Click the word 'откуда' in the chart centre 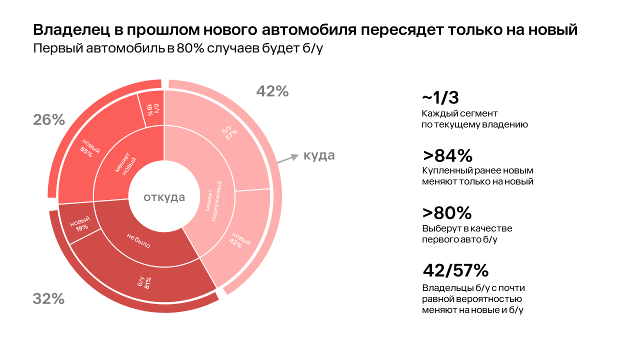164,197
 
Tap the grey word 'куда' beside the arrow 319,155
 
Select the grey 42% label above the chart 272,91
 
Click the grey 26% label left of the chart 49,120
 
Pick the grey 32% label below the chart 48,298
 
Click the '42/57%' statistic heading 455,270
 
